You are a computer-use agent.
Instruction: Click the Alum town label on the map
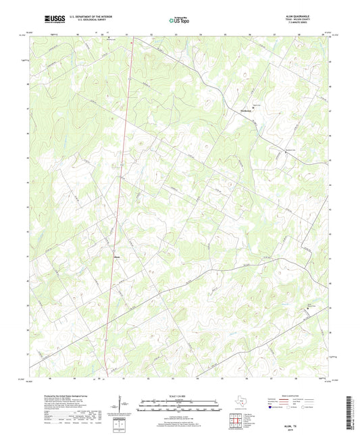[117, 255]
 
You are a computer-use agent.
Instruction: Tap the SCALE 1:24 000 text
[180, 396]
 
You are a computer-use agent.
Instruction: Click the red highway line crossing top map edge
[133, 36]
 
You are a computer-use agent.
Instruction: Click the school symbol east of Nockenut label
[254, 105]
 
